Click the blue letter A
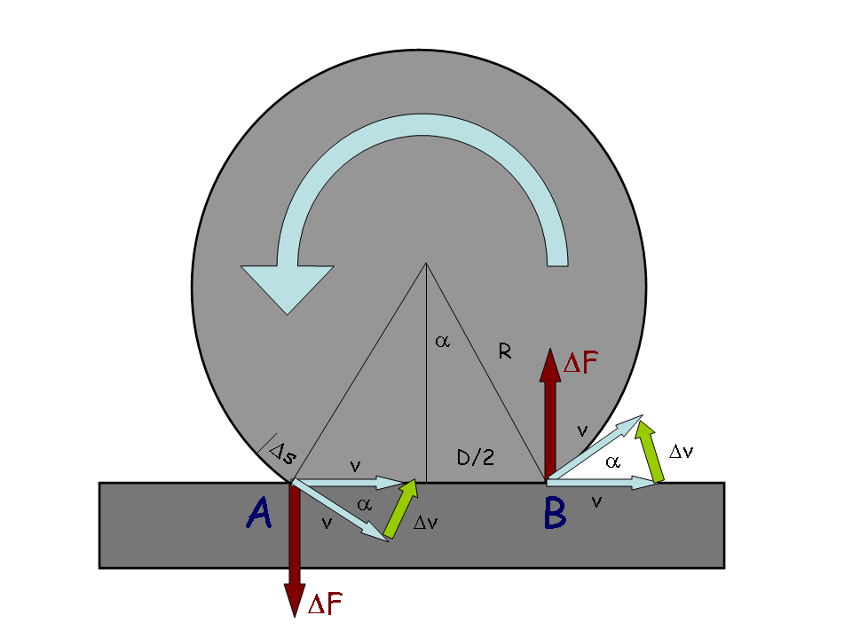click(x=259, y=513)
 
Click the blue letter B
click(x=555, y=514)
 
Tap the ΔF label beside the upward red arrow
click(x=580, y=362)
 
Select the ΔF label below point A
click(x=325, y=603)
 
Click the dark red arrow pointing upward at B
click(x=550, y=414)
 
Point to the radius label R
click(x=505, y=352)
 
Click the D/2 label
click(x=476, y=458)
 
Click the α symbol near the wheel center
click(x=442, y=341)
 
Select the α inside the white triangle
click(x=612, y=461)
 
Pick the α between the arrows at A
click(x=364, y=505)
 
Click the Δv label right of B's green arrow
click(x=681, y=452)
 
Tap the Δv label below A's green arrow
click(x=425, y=522)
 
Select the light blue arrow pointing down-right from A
click(x=340, y=509)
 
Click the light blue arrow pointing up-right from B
click(x=595, y=448)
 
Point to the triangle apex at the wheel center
click(x=426, y=264)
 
